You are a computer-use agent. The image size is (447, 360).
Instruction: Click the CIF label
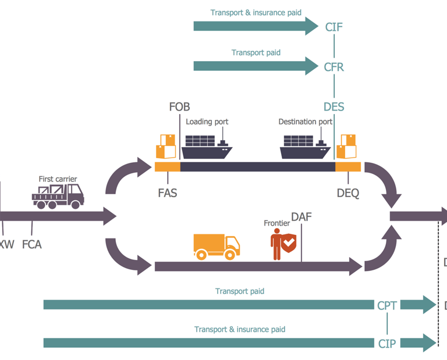[334, 27]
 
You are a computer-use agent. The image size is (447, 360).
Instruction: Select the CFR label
[334, 67]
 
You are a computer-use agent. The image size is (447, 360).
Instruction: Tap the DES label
[334, 107]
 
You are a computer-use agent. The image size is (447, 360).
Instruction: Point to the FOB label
[179, 107]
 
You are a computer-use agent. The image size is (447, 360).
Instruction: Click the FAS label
[168, 193]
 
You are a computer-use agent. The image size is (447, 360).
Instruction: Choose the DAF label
[301, 217]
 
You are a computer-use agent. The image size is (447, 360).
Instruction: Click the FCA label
[32, 244]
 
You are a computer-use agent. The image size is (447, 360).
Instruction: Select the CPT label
[387, 305]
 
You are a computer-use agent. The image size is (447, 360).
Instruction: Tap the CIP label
[387, 344]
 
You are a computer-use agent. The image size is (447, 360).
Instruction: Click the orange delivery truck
[216, 247]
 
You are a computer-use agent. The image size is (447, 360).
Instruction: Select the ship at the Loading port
[207, 147]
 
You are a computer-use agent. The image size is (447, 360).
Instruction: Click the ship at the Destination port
[305, 147]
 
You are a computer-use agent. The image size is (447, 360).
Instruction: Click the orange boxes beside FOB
[166, 147]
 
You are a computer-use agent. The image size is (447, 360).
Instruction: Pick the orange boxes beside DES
[348, 147]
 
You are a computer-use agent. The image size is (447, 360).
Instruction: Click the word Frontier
[276, 223]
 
